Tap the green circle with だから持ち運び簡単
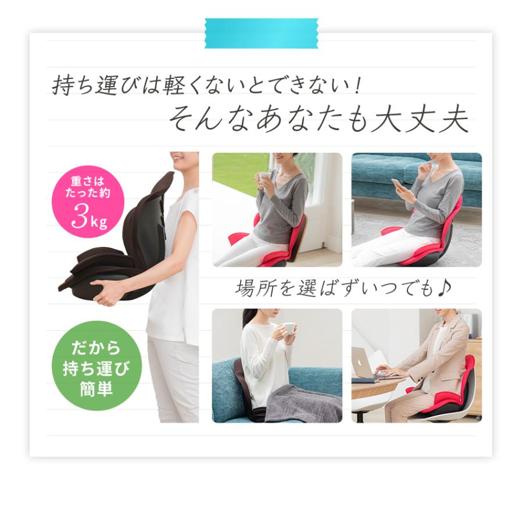tap(95, 366)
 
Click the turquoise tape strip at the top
tap(261, 33)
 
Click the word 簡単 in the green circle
tap(96, 388)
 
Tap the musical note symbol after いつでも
tap(445, 287)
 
